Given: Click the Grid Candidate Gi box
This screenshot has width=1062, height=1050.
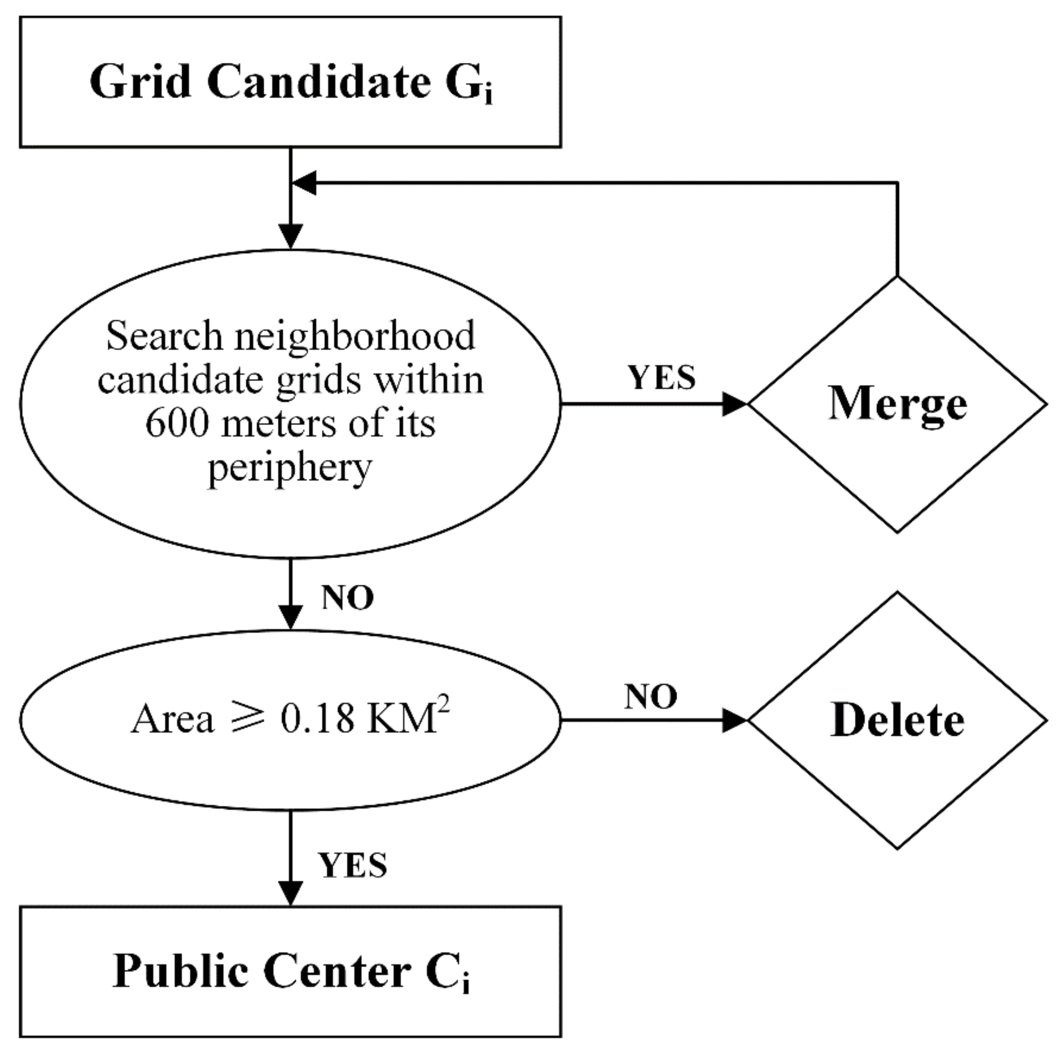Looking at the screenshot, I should (290, 82).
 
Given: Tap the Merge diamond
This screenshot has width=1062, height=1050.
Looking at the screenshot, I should (897, 404).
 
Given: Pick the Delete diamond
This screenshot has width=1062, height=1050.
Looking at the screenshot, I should (897, 720).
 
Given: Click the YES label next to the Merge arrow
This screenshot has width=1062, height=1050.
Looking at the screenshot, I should (662, 378).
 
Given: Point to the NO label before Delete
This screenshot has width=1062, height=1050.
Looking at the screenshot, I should (650, 697).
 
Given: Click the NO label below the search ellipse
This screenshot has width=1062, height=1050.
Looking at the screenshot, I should (348, 597).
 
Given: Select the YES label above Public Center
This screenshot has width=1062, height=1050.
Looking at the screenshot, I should (353, 866).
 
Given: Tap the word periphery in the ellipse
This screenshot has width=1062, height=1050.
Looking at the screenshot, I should (290, 468).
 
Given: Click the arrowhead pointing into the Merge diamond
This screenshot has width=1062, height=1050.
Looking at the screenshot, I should (734, 404).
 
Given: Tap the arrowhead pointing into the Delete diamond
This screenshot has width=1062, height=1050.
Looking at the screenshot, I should (734, 720).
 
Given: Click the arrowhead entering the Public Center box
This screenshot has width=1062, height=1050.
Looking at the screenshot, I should (290, 893).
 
